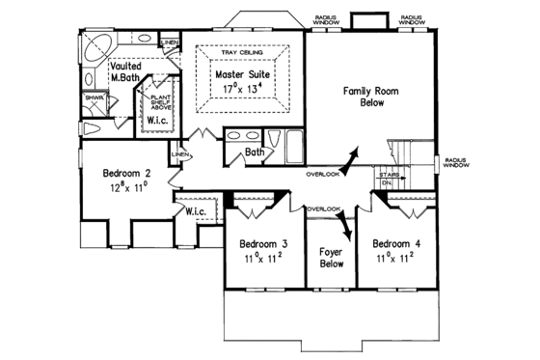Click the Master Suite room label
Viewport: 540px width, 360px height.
(x=243, y=71)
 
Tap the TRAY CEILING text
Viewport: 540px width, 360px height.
(x=242, y=53)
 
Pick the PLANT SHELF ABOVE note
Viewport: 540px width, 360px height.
(x=157, y=100)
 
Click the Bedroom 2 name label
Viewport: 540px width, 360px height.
(x=130, y=175)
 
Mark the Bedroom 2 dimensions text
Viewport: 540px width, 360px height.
(x=130, y=190)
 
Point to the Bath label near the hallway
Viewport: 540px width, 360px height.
(x=255, y=152)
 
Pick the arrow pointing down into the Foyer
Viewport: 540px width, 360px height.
(x=345, y=230)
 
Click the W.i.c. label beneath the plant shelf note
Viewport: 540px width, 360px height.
(x=157, y=122)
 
